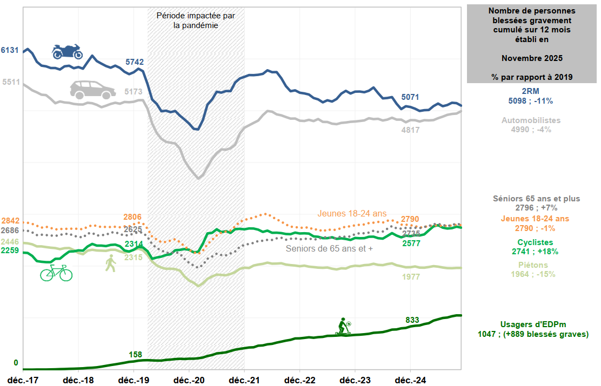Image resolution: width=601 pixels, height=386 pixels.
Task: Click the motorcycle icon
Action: [67, 51]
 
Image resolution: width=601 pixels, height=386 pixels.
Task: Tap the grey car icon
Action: [92, 90]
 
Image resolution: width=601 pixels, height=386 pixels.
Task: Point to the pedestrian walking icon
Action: [111, 263]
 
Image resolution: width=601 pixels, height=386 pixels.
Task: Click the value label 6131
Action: [10, 50]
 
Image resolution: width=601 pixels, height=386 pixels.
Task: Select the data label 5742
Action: [135, 62]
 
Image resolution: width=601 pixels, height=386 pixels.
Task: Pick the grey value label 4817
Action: [411, 130]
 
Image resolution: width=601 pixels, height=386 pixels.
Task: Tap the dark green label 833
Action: [412, 320]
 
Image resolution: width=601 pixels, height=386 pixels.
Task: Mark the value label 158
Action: [136, 355]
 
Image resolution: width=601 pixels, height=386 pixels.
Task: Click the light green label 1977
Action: [411, 276]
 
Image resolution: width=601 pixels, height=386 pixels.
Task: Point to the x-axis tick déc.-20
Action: [189, 380]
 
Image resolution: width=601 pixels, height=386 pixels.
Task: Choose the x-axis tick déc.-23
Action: [355, 380]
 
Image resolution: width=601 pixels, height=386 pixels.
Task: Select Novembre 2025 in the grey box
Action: [532, 58]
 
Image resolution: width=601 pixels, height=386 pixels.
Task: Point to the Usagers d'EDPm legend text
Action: [533, 324]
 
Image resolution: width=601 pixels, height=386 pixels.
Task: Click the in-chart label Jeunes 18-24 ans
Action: [352, 213]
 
